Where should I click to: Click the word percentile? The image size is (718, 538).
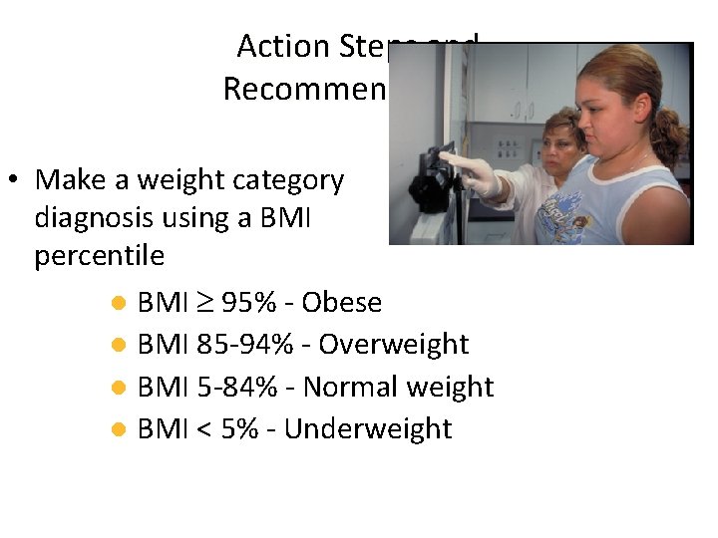click(99, 256)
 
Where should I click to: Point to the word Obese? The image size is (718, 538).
click(341, 302)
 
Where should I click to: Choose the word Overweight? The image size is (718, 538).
click(393, 345)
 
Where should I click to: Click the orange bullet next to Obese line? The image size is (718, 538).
click(118, 303)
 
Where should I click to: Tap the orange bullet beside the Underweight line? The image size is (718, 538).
click(118, 430)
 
